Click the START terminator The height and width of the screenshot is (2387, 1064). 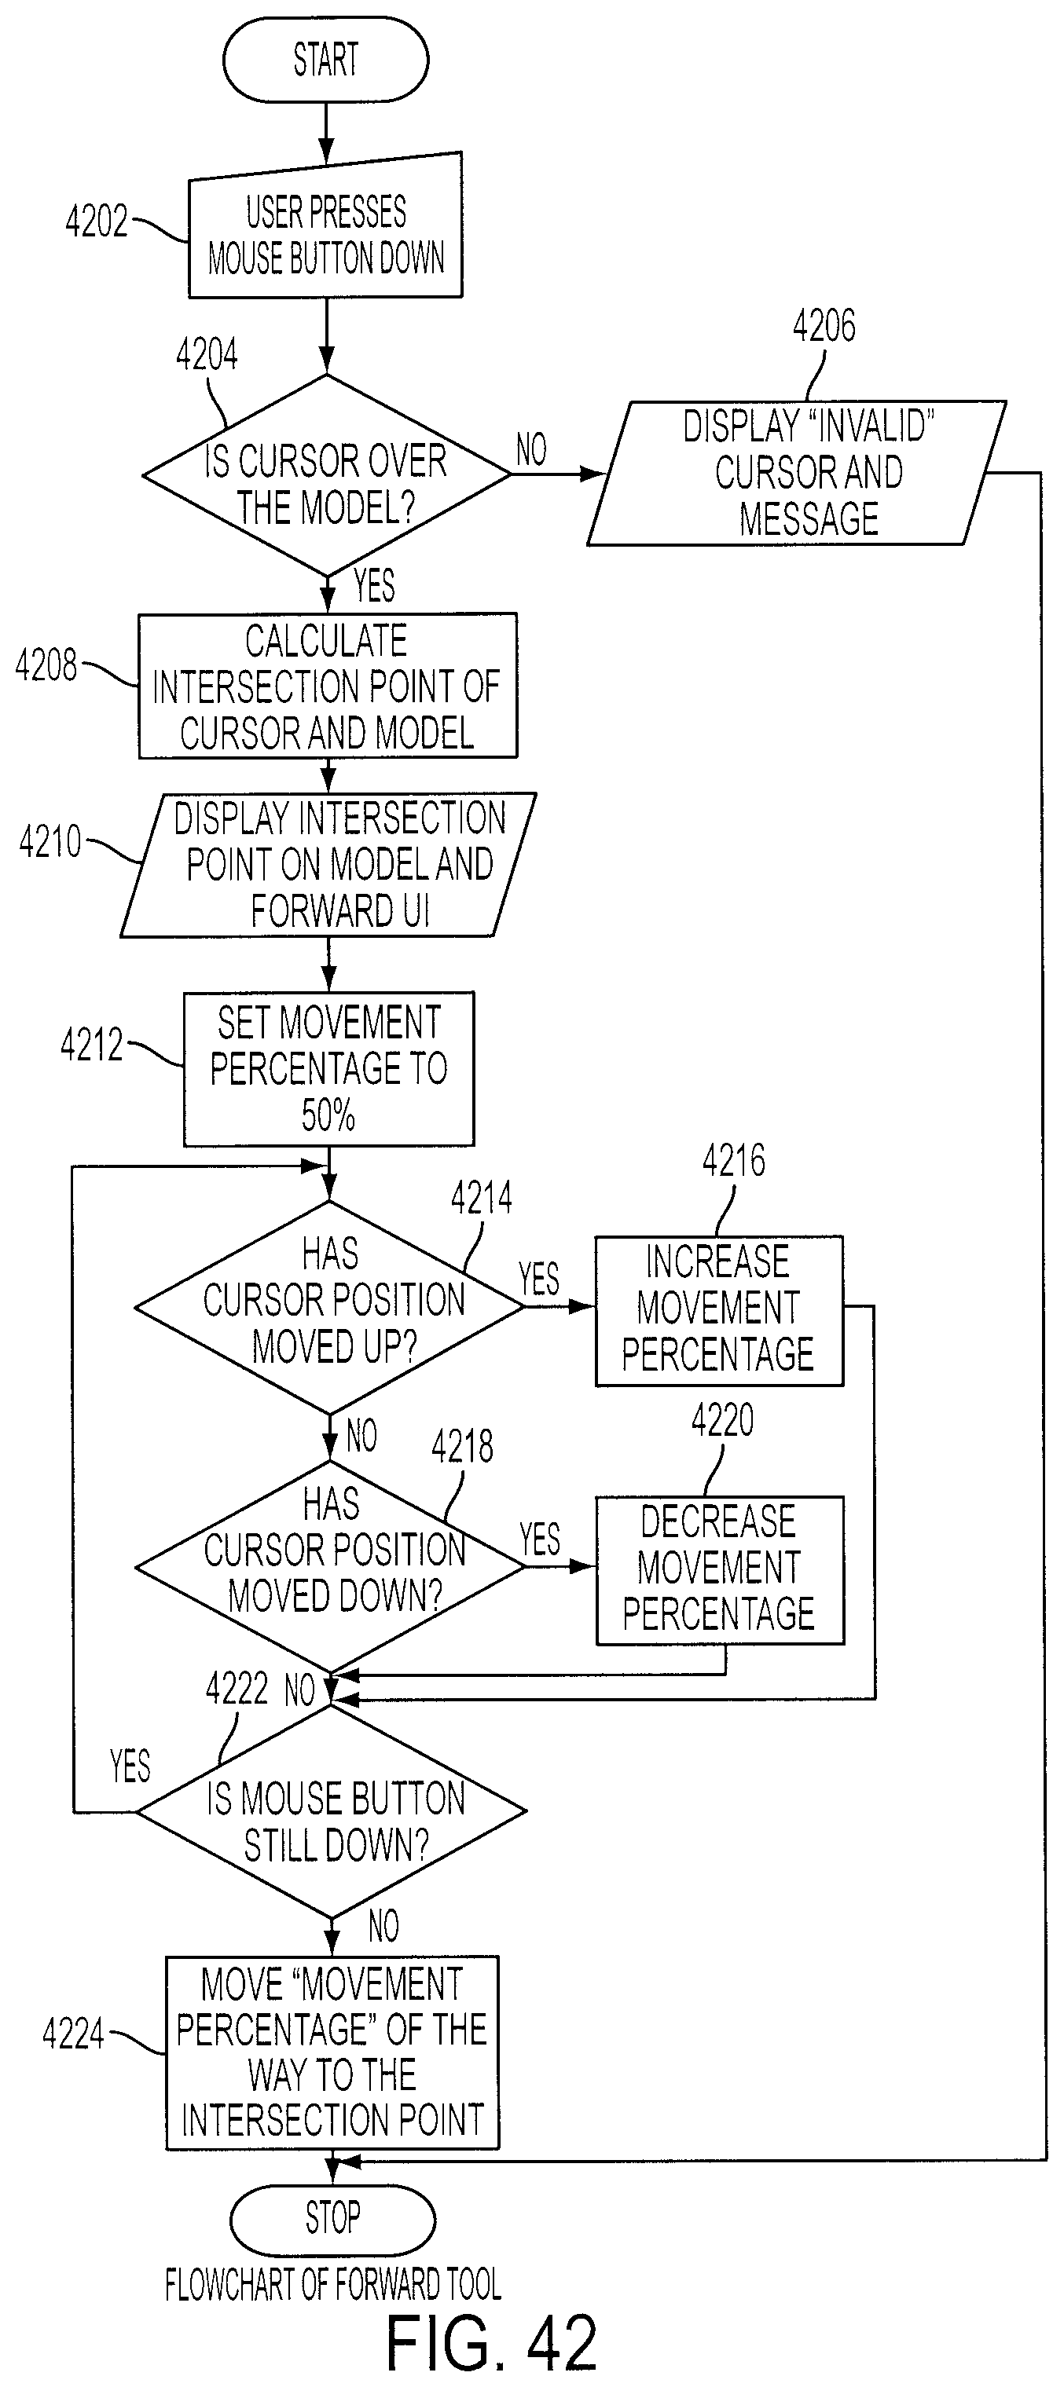coord(325,60)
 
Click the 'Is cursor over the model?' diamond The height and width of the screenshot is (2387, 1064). coord(325,475)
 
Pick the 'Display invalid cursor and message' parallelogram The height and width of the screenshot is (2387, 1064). coord(796,473)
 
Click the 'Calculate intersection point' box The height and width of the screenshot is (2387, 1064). coord(327,686)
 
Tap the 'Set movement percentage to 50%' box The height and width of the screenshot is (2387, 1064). coord(328,1069)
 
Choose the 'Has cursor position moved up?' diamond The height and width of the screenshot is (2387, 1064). coord(330,1308)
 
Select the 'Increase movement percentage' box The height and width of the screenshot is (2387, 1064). coord(719,1310)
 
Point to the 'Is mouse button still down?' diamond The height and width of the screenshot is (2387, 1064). coord(332,1810)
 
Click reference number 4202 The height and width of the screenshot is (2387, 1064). coord(97,222)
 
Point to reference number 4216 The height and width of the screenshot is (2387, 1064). coord(734,1161)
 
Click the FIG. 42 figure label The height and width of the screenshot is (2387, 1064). coord(490,2342)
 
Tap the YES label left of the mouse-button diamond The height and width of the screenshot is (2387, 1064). coord(130,1766)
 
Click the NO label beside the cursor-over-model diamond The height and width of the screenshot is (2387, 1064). coord(531,450)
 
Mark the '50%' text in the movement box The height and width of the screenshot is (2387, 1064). coord(328,1115)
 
